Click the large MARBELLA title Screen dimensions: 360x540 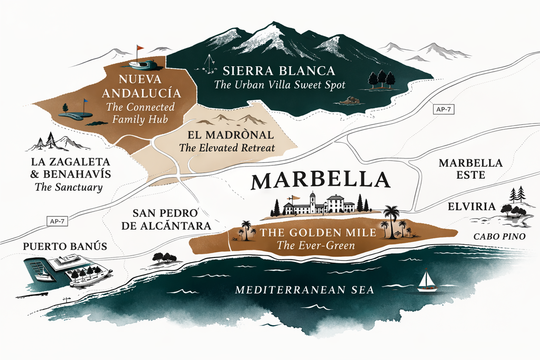320,181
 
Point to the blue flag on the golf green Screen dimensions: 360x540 86,101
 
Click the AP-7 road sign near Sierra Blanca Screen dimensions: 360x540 443,110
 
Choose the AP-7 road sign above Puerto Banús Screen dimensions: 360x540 57,221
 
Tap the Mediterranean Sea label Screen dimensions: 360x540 304,289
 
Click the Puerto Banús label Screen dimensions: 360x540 65,247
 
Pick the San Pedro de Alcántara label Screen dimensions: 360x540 172,219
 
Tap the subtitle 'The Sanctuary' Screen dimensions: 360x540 68,188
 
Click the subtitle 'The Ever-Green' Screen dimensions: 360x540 316,245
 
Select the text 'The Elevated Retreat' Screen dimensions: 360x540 227,148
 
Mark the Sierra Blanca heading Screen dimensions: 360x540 279,71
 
